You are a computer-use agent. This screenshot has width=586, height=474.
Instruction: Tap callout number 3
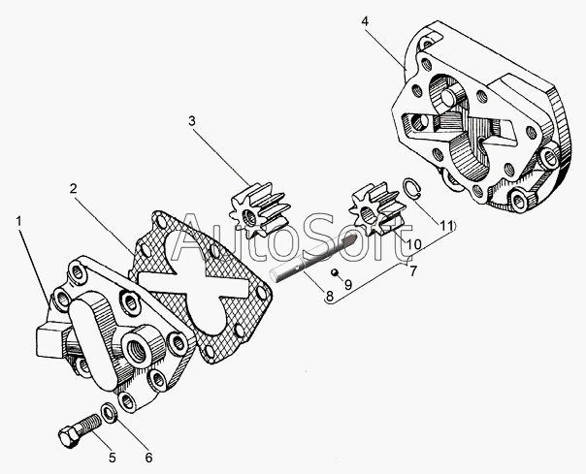[192, 121]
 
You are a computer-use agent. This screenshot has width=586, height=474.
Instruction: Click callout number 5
[112, 457]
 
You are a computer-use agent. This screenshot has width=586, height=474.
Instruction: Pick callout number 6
[148, 458]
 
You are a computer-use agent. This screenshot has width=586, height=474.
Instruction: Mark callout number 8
[332, 298]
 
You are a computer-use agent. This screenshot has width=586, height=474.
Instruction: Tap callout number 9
[347, 285]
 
